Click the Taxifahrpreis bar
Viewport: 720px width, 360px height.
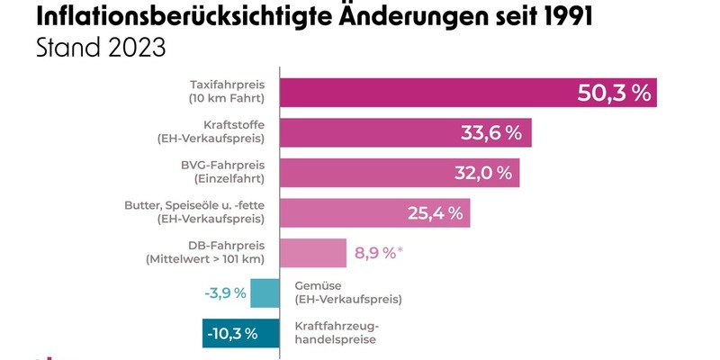pos(423,93)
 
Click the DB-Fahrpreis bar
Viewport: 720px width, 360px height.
pos(314,253)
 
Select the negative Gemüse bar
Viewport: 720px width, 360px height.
pos(265,293)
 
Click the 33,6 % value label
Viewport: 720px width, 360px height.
pos(491,133)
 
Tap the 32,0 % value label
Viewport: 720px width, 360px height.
pos(480,173)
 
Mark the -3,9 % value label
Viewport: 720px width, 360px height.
pos(225,293)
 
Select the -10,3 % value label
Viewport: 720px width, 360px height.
pos(232,334)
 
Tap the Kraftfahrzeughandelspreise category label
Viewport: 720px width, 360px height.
pos(338,333)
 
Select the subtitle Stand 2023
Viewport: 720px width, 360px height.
pos(101,49)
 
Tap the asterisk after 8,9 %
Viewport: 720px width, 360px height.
pos(401,249)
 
